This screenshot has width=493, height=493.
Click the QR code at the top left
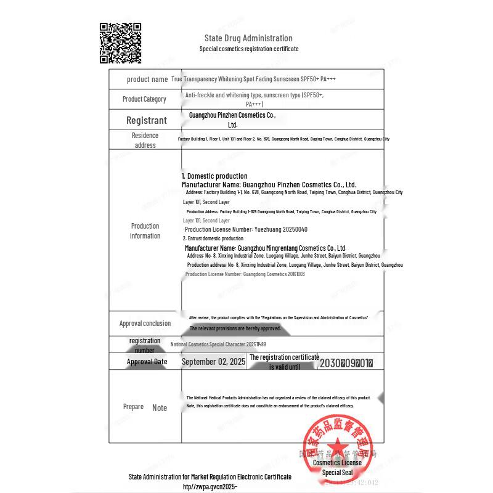point(121,43)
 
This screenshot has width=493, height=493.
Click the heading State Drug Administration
point(248,38)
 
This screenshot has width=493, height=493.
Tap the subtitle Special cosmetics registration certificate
point(249,49)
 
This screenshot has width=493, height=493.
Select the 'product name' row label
point(147,79)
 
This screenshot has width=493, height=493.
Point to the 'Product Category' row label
point(144,99)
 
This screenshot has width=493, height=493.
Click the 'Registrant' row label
point(147,120)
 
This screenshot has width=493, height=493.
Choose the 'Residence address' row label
point(145,140)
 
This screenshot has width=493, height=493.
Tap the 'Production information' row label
point(145,230)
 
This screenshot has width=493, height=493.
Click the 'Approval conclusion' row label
point(145,323)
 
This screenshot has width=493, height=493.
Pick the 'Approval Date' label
point(147,362)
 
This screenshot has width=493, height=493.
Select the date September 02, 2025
point(214,362)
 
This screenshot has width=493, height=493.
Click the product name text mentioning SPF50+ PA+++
point(253,79)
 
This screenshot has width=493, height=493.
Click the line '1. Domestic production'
point(214,176)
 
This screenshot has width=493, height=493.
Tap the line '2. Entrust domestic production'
point(213,238)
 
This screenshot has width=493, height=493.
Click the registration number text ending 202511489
point(218,344)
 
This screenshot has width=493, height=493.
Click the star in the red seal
point(337,449)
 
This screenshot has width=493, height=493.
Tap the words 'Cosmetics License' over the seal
point(337,462)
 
